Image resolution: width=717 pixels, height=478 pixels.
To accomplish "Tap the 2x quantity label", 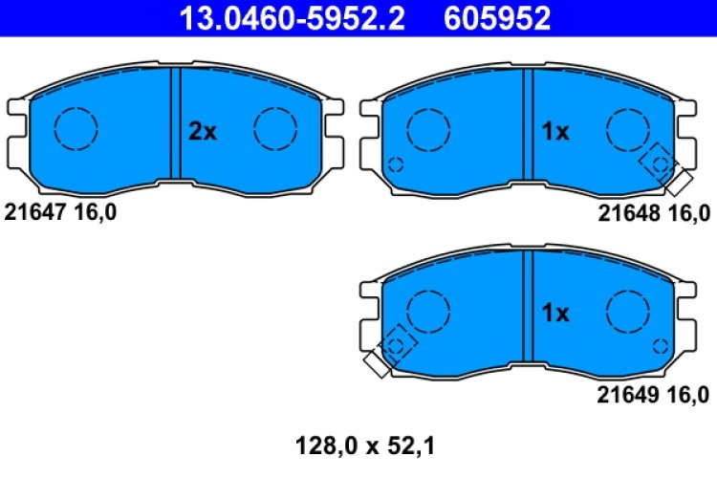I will (x=203, y=132).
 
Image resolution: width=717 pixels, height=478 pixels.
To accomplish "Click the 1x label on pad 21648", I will (x=555, y=132).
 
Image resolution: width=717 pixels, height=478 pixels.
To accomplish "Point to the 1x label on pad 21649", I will (x=555, y=313).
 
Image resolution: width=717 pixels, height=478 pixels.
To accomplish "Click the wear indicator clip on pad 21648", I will (x=665, y=168).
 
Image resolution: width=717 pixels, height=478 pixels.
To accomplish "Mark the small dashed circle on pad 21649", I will (x=660, y=345).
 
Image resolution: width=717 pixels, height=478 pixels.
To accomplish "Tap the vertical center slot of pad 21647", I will (x=175, y=123).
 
